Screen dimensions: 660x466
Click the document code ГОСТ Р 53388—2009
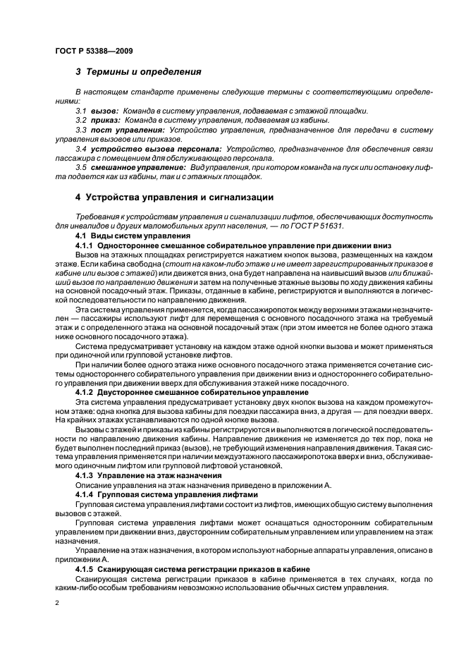(x=94, y=51)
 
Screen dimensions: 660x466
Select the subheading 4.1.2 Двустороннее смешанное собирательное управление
(x=192, y=391)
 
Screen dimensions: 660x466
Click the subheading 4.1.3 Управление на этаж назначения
(x=149, y=475)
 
